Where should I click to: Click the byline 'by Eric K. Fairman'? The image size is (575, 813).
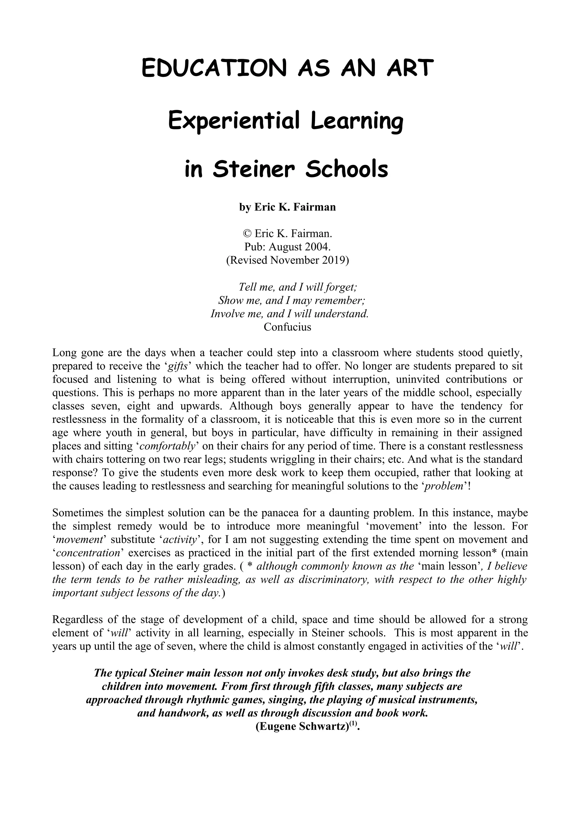[x=287, y=207]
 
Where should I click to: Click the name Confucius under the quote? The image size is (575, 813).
[x=287, y=326]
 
